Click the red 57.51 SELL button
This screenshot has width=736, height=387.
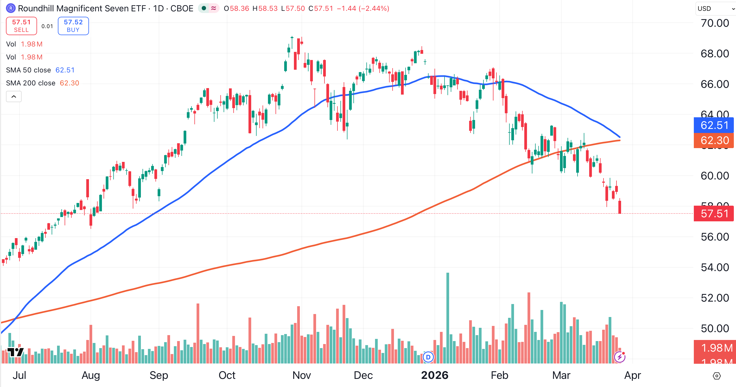click(x=21, y=26)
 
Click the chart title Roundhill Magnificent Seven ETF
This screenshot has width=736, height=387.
click(x=82, y=9)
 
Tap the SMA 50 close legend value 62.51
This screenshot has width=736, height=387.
click(x=65, y=70)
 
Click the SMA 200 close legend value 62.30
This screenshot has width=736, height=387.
click(x=69, y=83)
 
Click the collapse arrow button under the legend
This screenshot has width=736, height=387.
click(x=14, y=96)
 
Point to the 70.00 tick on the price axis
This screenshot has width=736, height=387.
click(x=715, y=23)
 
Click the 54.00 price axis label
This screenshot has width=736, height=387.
click(x=715, y=267)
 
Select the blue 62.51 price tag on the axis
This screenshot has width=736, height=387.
click(x=714, y=125)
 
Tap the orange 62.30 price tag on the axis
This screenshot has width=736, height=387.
click(x=714, y=141)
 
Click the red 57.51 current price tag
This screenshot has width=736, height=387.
click(x=714, y=214)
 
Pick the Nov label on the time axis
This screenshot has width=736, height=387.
click(x=301, y=375)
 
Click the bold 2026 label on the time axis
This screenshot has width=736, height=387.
click(x=435, y=375)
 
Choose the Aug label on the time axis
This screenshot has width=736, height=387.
click(x=91, y=375)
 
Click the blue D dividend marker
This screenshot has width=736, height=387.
click(x=428, y=357)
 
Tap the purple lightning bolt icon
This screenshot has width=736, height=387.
click(x=619, y=357)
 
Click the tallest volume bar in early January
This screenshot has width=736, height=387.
click(x=448, y=317)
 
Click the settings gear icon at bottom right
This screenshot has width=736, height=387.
click(x=717, y=376)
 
